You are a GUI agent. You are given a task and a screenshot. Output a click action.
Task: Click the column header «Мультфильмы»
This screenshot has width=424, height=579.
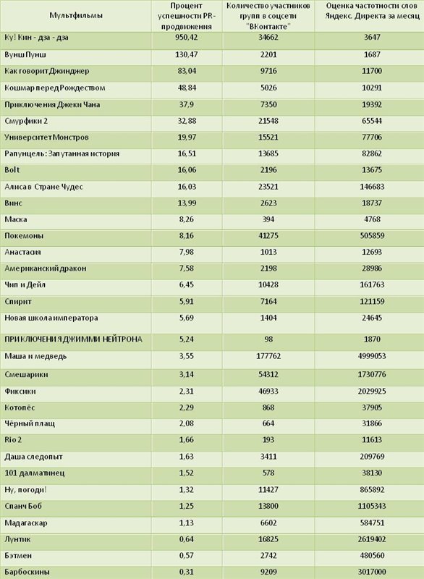pyautogui.click(x=76, y=15)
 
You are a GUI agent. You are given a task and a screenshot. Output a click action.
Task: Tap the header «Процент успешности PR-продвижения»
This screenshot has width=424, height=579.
pyautogui.click(x=187, y=16)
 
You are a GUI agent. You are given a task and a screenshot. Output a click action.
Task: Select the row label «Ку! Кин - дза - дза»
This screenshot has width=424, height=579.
pyautogui.click(x=36, y=38)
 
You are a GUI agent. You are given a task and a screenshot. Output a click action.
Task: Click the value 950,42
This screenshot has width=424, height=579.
pyautogui.click(x=187, y=38)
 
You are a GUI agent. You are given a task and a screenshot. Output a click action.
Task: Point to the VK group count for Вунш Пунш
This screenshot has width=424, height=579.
pyautogui.click(x=268, y=55)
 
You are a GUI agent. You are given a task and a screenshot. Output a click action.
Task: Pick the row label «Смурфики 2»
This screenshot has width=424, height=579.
pyautogui.click(x=26, y=121)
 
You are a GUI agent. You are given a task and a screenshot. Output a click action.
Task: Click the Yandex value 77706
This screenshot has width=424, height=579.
pyautogui.click(x=372, y=138)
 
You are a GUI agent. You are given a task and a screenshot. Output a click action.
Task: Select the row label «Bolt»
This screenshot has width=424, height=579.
pyautogui.click(x=12, y=170)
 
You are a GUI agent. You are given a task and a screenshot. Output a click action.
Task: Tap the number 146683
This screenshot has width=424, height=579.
pyautogui.click(x=372, y=187)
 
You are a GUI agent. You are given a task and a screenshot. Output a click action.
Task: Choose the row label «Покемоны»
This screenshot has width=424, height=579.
pyautogui.click(x=24, y=236)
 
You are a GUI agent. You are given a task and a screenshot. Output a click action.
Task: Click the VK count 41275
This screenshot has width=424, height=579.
pyautogui.click(x=268, y=236)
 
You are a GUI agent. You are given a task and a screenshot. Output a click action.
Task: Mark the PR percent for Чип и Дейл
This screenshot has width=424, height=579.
pyautogui.click(x=187, y=284)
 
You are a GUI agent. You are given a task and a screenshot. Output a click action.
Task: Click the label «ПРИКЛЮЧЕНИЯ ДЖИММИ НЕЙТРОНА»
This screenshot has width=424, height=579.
pyautogui.click(x=73, y=339)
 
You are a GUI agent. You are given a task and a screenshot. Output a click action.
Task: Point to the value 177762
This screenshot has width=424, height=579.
pyautogui.click(x=268, y=356)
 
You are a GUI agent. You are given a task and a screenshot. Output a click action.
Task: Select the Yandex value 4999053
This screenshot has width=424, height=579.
pyautogui.click(x=372, y=356)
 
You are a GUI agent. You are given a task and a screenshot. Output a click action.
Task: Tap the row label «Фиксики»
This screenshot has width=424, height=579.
pyautogui.click(x=20, y=392)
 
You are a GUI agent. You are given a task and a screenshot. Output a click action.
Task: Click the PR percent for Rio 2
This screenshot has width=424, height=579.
pyautogui.click(x=187, y=440)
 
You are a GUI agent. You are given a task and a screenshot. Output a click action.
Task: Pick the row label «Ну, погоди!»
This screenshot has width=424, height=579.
pyautogui.click(x=26, y=490)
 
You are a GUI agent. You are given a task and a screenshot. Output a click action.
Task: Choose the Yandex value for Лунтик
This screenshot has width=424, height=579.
pyautogui.click(x=372, y=539)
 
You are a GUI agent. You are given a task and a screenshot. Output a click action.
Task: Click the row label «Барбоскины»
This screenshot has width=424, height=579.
pyautogui.click(x=27, y=572)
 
